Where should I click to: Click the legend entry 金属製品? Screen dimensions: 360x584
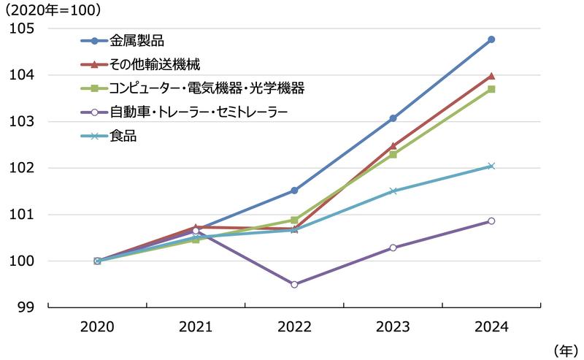[137, 39]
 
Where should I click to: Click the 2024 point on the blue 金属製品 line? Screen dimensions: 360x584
[491, 39]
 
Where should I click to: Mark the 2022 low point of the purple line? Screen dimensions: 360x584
[294, 284]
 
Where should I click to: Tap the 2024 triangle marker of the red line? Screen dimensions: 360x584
[491, 76]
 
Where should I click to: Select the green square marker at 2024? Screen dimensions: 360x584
[491, 89]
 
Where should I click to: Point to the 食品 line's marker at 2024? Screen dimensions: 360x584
[491, 166]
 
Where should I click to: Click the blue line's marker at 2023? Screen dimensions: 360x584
[393, 118]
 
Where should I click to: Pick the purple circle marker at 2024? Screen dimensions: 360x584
[491, 221]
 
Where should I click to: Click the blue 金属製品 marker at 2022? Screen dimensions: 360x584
[294, 191]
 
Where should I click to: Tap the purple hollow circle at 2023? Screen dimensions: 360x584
[393, 248]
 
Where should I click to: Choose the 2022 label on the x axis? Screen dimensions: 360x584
[294, 327]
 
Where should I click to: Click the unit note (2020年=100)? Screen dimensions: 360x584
[54, 10]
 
